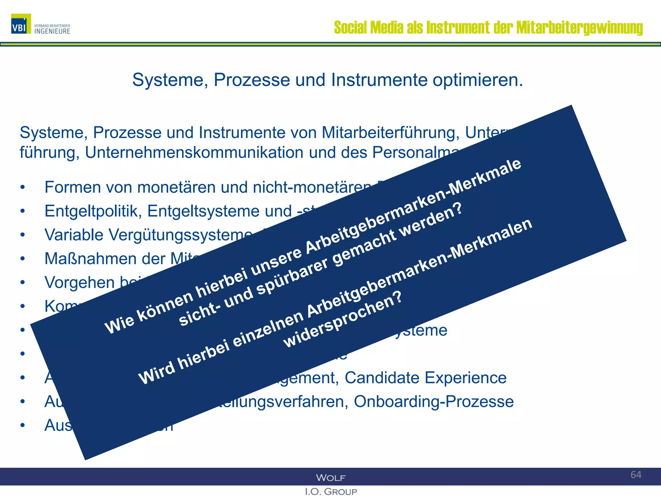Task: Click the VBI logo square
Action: [21, 24]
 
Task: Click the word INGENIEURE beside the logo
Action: [52, 31]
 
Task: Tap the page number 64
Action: [636, 475]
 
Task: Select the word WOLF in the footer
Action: [331, 478]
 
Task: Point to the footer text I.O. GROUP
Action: [331, 491]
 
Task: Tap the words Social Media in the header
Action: [368, 28]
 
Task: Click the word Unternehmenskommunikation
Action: [194, 153]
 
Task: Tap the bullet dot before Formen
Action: [22, 188]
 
